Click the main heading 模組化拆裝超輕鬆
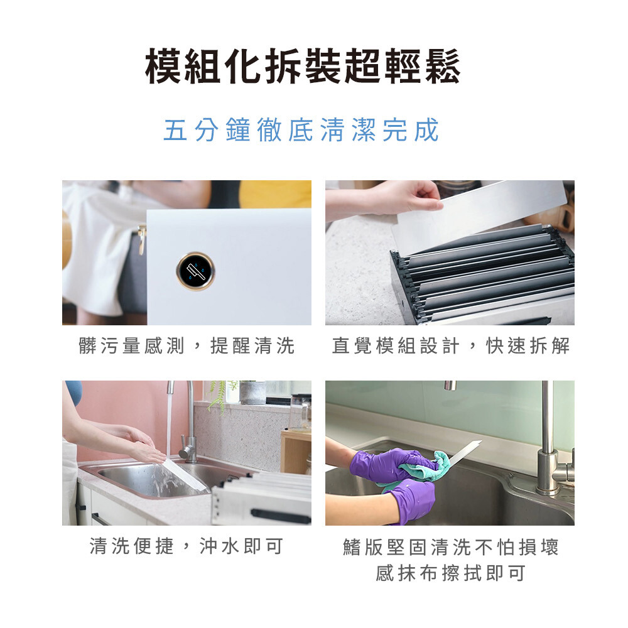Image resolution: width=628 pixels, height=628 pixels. point(303,66)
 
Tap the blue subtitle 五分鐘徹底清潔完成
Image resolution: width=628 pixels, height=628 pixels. point(301,130)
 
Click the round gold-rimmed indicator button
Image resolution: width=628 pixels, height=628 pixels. point(195,271)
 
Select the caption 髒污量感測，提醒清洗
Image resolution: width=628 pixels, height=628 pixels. point(187,345)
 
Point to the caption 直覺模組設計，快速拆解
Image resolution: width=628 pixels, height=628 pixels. point(450,345)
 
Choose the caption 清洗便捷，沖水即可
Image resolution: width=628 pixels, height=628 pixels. point(187,546)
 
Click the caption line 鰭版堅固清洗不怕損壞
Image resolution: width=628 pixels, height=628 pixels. point(450,547)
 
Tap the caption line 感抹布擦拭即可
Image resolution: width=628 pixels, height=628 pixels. point(450,573)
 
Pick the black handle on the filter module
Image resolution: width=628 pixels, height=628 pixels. point(280,516)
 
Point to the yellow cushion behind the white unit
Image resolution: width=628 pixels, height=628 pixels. point(276,194)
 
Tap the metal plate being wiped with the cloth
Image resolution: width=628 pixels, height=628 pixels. point(465,453)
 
